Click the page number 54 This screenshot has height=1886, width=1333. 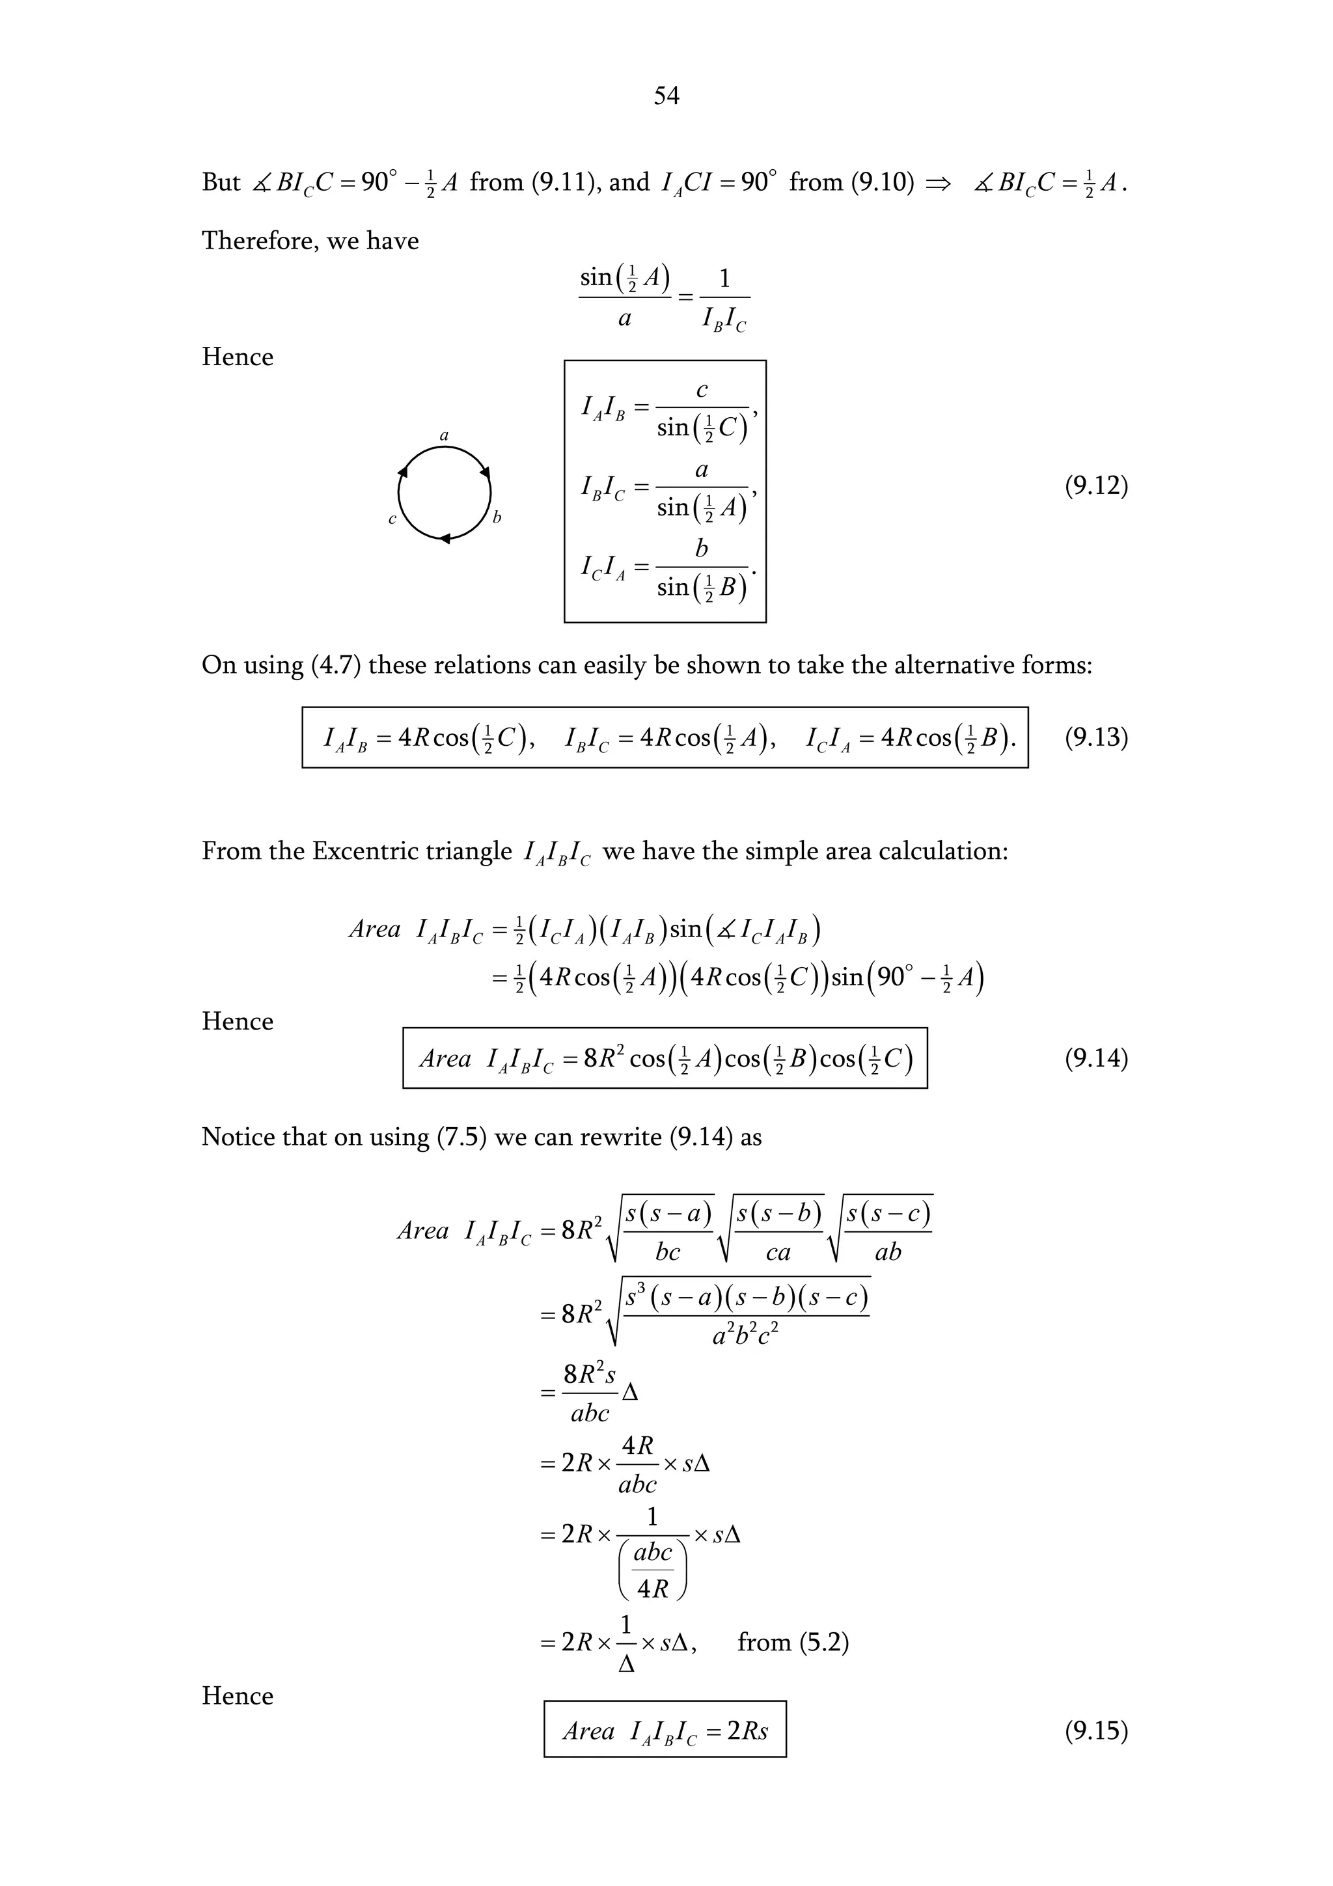pos(666,96)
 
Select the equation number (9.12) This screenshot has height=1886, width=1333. pos(1095,486)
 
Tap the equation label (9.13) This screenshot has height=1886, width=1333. pos(1095,737)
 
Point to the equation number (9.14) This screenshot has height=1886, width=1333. pos(1095,1058)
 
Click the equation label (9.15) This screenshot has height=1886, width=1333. pos(1095,1730)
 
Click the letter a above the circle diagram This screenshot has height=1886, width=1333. pos(445,435)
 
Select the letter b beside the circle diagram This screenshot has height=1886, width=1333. pos(496,517)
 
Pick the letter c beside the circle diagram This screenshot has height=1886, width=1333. pos(392,519)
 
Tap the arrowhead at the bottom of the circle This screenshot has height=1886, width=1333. pos(445,539)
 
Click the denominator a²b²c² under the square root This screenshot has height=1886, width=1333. pos(745,1337)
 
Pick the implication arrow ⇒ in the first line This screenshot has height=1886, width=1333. pos(938,182)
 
